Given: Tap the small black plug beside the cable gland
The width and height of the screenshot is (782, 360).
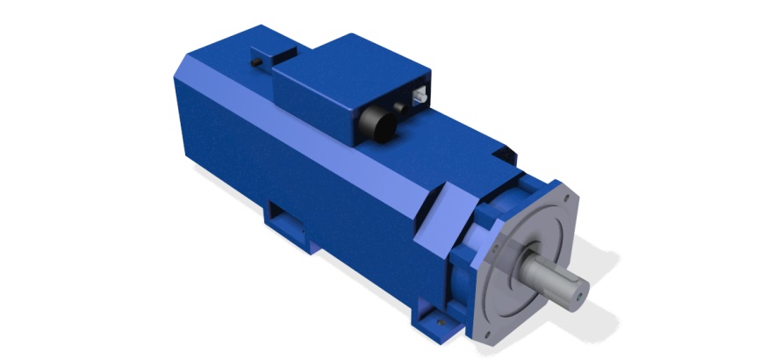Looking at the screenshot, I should (x=405, y=107).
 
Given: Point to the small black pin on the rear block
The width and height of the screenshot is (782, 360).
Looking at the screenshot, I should (x=255, y=64).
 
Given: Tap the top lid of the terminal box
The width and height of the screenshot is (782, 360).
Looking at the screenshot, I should (x=351, y=62).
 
